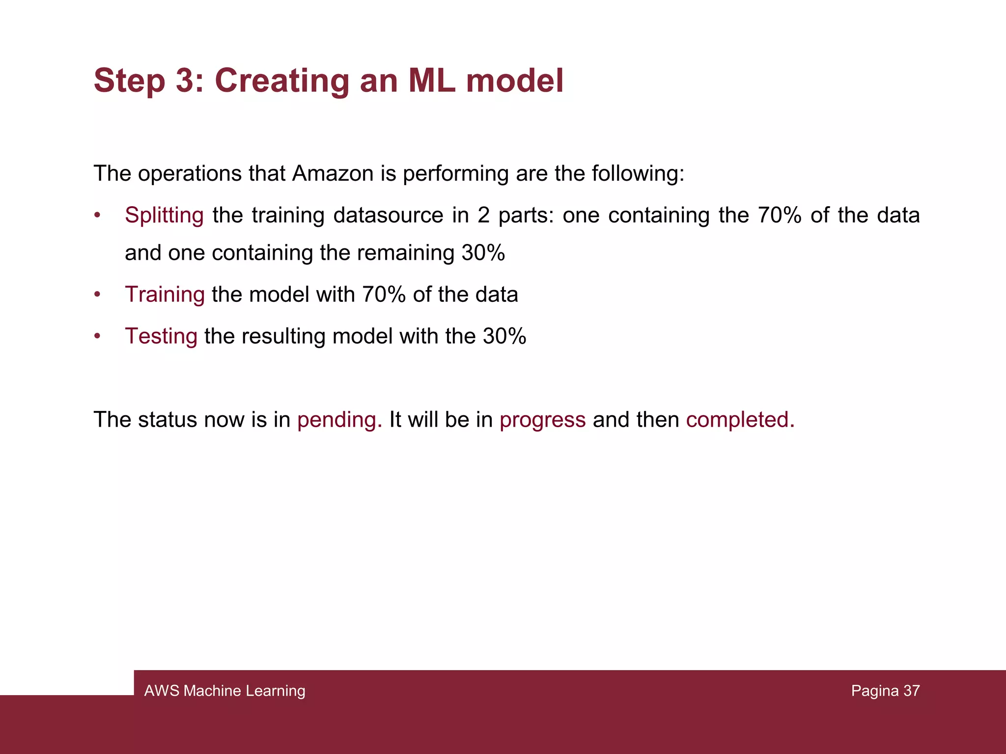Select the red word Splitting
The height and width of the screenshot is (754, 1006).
tap(164, 215)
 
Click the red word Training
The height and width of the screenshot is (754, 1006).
tap(165, 295)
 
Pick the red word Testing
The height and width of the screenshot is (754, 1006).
tap(161, 336)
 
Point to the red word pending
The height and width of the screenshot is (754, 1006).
tap(339, 420)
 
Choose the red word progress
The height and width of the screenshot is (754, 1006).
tap(542, 420)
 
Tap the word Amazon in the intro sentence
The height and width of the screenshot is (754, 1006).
tap(333, 174)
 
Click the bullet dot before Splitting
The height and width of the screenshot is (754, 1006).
tap(97, 215)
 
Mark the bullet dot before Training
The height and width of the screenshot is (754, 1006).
tap(97, 295)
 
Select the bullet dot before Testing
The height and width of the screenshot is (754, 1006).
tap(97, 336)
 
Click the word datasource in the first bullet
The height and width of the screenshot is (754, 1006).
tap(388, 215)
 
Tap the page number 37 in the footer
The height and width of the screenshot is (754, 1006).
tap(911, 691)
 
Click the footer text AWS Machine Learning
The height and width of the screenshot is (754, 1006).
tap(224, 691)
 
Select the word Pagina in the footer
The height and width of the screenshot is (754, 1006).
tap(875, 691)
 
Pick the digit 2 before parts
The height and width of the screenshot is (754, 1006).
tap(483, 215)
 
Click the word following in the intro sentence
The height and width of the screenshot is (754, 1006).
tap(638, 174)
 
